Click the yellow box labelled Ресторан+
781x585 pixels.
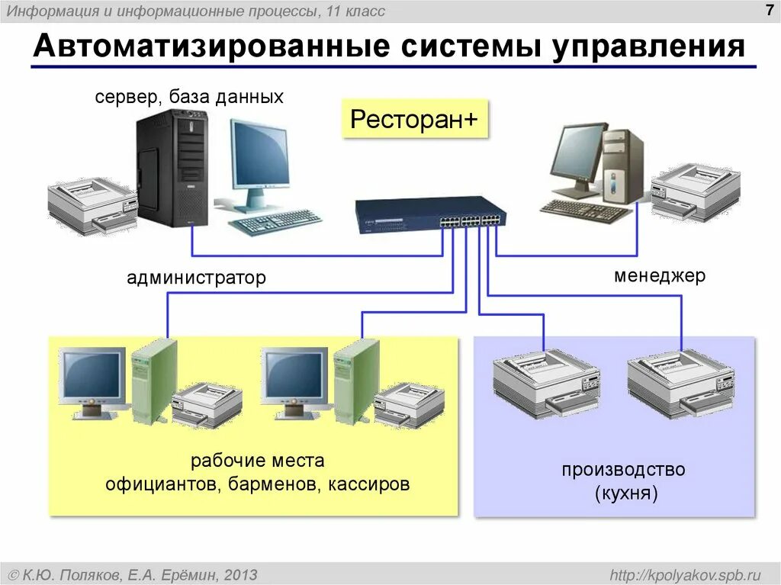tap(414, 119)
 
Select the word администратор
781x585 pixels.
tap(196, 278)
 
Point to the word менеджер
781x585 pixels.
tap(660, 275)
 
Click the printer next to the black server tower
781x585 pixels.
tap(92, 204)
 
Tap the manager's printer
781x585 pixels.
tap(694, 190)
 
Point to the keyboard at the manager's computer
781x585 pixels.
tap(585, 209)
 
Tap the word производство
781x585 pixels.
tap(623, 470)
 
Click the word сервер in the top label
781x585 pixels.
tap(122, 98)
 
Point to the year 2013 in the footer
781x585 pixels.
tap(241, 574)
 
